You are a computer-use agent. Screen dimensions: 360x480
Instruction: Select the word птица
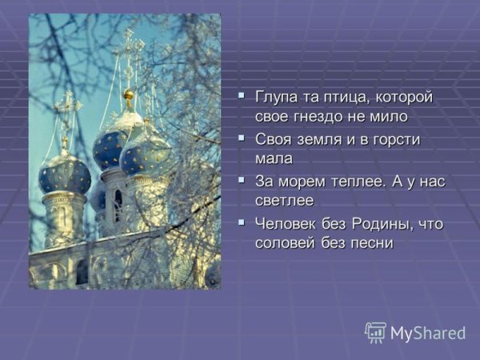(x=342, y=98)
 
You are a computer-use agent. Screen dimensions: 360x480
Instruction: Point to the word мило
(x=390, y=117)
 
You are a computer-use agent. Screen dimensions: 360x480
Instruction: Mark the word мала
(x=274, y=158)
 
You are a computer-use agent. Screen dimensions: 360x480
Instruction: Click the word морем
(x=303, y=181)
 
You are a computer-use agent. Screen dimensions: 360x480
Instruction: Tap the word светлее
(x=285, y=200)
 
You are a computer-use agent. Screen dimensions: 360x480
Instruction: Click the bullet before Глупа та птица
(x=242, y=97)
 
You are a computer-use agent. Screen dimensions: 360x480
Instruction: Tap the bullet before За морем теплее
(x=242, y=180)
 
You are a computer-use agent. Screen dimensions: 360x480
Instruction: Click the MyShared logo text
(x=427, y=333)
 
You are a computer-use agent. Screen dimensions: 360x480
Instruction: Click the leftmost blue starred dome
(x=64, y=174)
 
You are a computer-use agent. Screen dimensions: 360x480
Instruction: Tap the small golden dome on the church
(x=128, y=97)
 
